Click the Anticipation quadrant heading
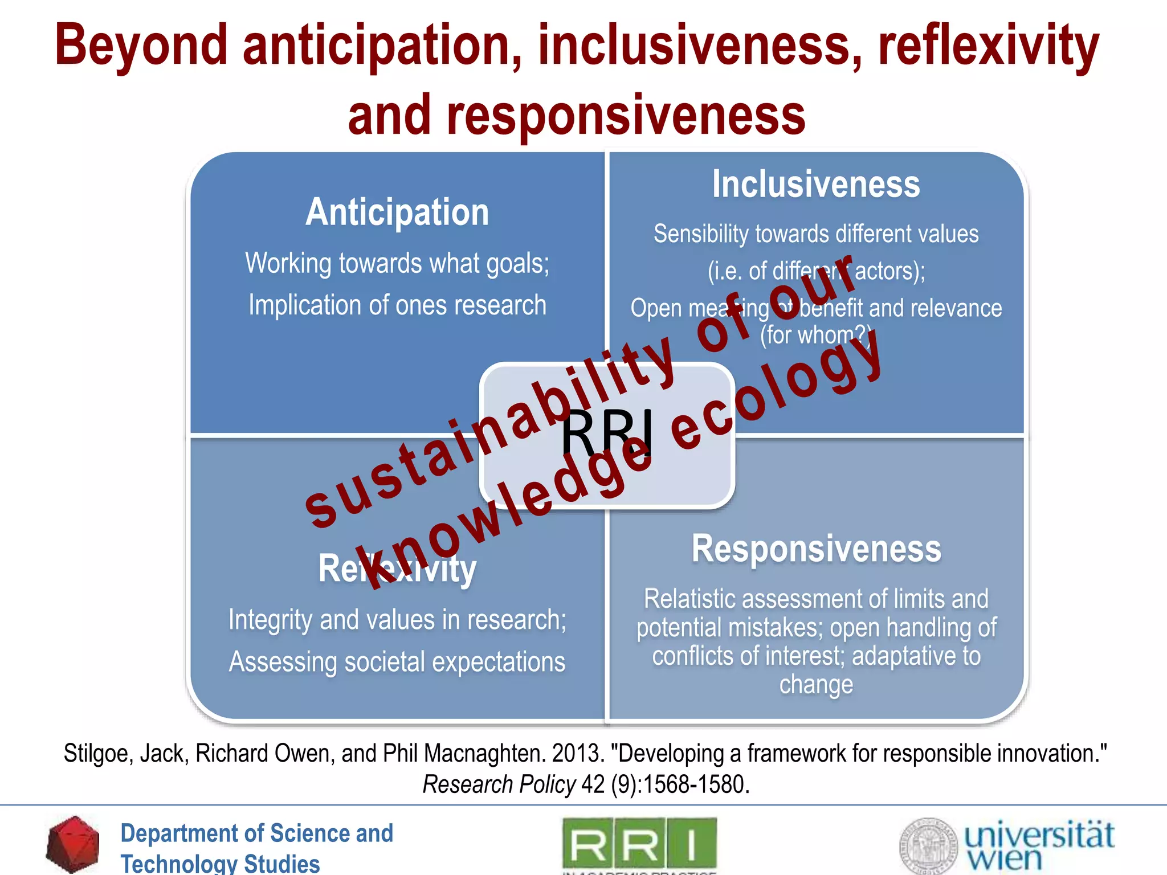[397, 212]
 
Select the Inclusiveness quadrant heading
[816, 185]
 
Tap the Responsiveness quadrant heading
[816, 549]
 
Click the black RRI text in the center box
[606, 433]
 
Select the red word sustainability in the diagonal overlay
[490, 433]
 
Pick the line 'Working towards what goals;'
[397, 264]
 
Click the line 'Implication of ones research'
[397, 305]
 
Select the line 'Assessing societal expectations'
[397, 662]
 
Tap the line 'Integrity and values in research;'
[397, 620]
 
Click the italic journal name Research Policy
[499, 785]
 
